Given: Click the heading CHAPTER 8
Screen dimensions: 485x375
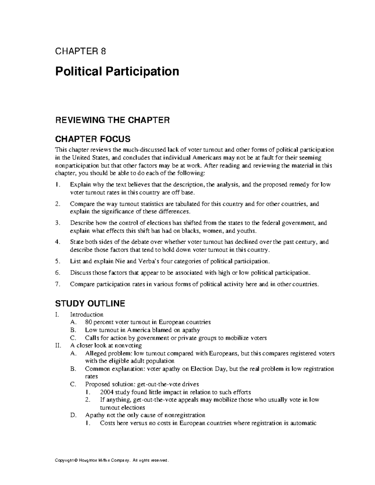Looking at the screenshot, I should point(81,51).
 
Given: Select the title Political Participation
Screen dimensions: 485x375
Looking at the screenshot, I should point(117,71).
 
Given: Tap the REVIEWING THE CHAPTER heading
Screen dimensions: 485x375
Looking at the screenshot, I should point(112,120).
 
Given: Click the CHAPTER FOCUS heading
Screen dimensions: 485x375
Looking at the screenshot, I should point(93,139).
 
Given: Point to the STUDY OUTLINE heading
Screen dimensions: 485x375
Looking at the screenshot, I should point(90,303).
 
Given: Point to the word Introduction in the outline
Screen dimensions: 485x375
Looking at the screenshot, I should point(87,314).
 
